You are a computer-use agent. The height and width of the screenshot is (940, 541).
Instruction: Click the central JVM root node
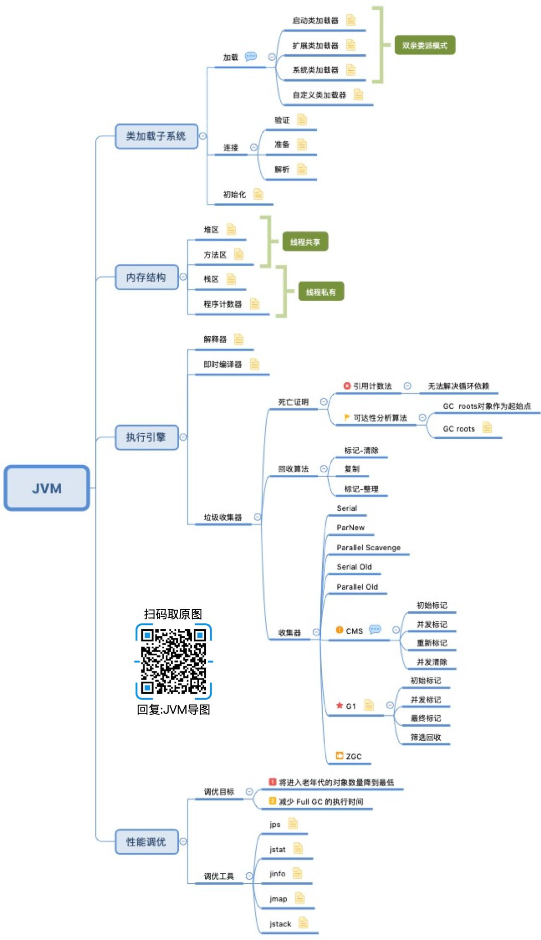pyautogui.click(x=47, y=488)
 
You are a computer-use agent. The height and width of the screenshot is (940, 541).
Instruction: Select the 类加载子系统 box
pyautogui.click(x=156, y=136)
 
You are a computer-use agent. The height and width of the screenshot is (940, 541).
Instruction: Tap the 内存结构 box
pyautogui.click(x=146, y=277)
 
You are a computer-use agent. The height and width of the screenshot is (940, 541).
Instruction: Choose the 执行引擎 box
pyautogui.click(x=146, y=437)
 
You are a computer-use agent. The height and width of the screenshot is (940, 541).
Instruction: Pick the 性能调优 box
pyautogui.click(x=146, y=842)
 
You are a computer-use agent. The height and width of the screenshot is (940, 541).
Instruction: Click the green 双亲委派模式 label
pyautogui.click(x=424, y=45)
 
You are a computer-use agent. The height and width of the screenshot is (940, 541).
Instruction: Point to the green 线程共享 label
pyautogui.click(x=305, y=242)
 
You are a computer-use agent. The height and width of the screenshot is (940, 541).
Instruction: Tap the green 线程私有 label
pyautogui.click(x=321, y=292)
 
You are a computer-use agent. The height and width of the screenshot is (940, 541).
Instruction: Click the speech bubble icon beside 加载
pyautogui.click(x=251, y=56)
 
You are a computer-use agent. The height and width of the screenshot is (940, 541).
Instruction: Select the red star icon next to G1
pyautogui.click(x=339, y=705)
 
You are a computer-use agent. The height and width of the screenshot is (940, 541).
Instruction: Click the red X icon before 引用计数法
pyautogui.click(x=346, y=386)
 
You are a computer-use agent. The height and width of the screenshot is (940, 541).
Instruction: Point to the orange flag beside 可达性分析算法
pyautogui.click(x=347, y=418)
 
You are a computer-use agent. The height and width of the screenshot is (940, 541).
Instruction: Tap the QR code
pyautogui.click(x=173, y=661)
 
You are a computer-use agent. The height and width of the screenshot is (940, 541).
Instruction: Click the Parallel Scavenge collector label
pyautogui.click(x=368, y=548)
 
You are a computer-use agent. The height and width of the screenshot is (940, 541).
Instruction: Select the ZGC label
pyautogui.click(x=353, y=756)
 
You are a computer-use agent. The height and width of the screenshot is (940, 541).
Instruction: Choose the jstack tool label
pyautogui.click(x=280, y=924)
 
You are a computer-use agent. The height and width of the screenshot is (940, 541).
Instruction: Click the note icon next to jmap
pyautogui.click(x=300, y=898)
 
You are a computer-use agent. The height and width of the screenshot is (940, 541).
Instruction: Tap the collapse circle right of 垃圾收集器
pyautogui.click(x=257, y=517)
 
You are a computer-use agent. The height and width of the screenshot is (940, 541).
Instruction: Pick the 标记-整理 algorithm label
pyautogui.click(x=361, y=489)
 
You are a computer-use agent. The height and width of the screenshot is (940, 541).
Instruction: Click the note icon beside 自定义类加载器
pyautogui.click(x=358, y=94)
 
